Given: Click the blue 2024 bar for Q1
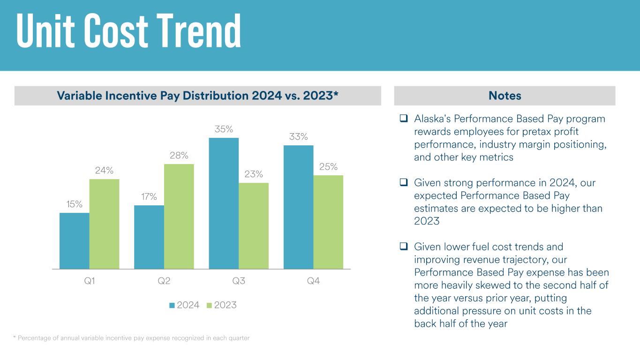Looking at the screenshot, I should coord(75,241).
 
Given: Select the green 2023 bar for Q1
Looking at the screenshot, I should coord(104,224).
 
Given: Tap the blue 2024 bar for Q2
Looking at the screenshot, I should coord(149,237).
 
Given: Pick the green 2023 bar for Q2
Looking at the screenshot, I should coord(179,217).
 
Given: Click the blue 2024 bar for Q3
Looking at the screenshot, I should coord(224,203).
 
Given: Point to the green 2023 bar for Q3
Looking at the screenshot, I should coord(253,226).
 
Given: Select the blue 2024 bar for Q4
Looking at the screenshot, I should coord(298,207).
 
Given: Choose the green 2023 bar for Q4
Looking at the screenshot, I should coord(328,222).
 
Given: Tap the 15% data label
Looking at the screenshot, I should coord(75,204).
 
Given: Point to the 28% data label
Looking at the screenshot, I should coord(179,155).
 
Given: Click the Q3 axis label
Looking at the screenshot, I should coord(239,281).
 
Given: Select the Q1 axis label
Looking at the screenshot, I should coord(89,281).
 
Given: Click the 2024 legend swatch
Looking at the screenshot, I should coord(172,305).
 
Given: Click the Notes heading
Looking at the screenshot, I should coord(504,96).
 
